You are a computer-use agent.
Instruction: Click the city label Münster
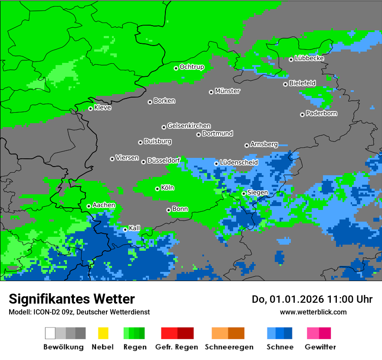[227, 91]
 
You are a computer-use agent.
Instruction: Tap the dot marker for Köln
[157, 189]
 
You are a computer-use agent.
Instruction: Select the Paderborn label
[322, 114]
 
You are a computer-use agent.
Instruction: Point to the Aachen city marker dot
[89, 206]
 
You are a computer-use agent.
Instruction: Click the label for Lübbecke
[310, 58]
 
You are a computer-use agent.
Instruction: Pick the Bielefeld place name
[303, 83]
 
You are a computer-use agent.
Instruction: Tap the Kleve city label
[103, 108]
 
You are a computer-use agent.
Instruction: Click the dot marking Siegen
[244, 193]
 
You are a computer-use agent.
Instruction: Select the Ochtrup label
[192, 67]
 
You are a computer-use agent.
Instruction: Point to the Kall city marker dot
[125, 229]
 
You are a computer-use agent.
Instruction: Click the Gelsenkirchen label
[189, 126]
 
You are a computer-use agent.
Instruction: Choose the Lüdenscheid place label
[239, 163]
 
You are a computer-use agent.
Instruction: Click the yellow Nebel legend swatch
[103, 333]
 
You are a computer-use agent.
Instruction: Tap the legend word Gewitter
[320, 347]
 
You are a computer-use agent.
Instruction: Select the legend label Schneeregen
[228, 347]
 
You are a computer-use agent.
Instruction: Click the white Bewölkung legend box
[50, 333]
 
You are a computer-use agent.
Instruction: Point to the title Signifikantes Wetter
[72, 299]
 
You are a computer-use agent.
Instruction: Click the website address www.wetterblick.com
[313, 312]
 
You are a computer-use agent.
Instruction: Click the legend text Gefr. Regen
[177, 347]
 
